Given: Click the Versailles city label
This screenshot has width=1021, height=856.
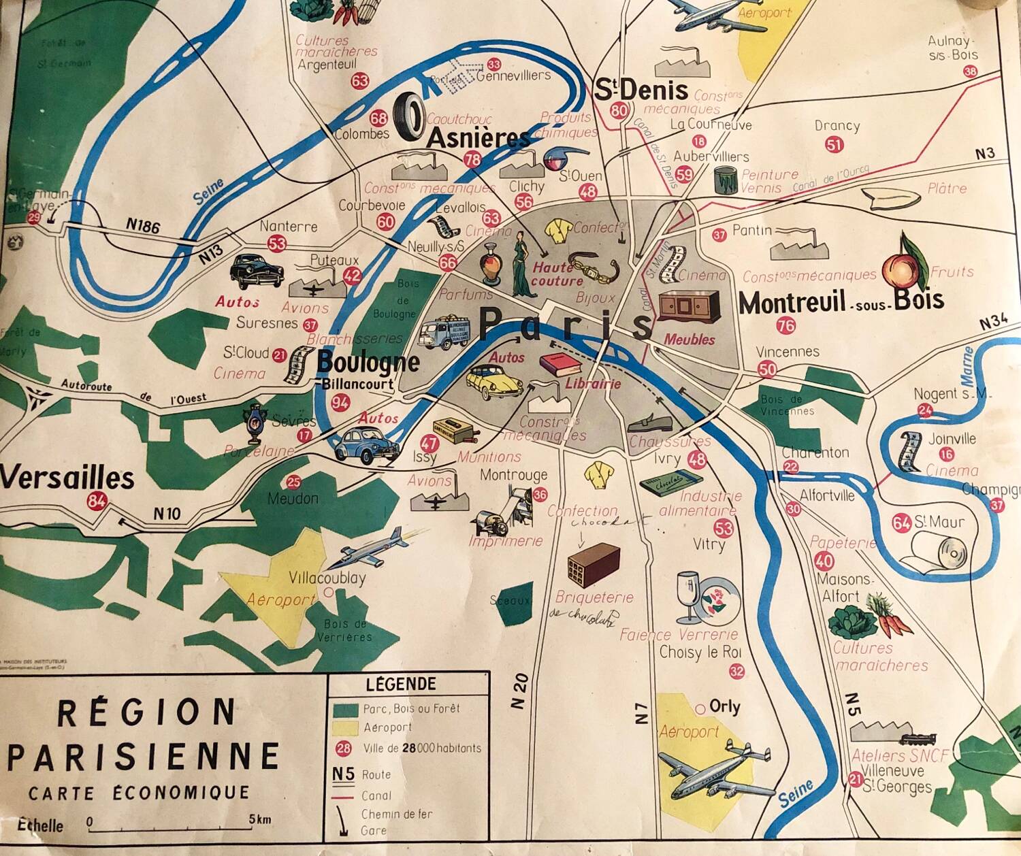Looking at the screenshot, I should [67, 478].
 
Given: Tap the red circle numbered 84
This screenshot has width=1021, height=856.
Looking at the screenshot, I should [97, 502].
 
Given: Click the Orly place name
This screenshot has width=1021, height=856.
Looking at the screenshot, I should [724, 706].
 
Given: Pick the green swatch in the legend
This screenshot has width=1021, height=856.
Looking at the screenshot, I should [345, 709].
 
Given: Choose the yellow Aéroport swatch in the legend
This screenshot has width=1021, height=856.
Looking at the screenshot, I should [345, 728].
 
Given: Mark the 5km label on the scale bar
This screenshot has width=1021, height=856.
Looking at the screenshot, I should [260, 819].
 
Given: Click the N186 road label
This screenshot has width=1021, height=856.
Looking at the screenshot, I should [143, 225].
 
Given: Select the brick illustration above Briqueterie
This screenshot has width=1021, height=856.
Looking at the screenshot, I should [594, 564].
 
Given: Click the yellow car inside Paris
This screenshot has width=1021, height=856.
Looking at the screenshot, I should [494, 381].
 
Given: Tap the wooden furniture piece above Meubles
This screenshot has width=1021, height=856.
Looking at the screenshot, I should [689, 306].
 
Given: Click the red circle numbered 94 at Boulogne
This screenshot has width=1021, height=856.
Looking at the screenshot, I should [340, 403].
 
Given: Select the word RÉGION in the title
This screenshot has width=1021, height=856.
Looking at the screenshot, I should [146, 712].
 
